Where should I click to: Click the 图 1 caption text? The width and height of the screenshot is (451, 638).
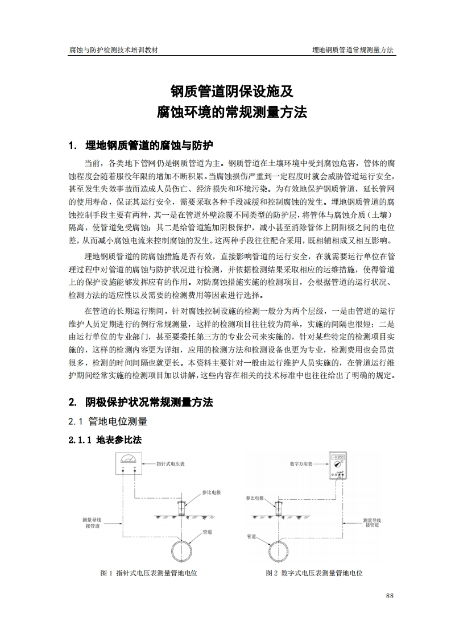click(x=148, y=573)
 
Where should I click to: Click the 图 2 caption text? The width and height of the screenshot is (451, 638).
click(x=314, y=573)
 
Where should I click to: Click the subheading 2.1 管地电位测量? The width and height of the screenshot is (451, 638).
click(x=107, y=421)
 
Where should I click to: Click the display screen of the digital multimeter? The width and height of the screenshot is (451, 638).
click(x=338, y=457)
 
